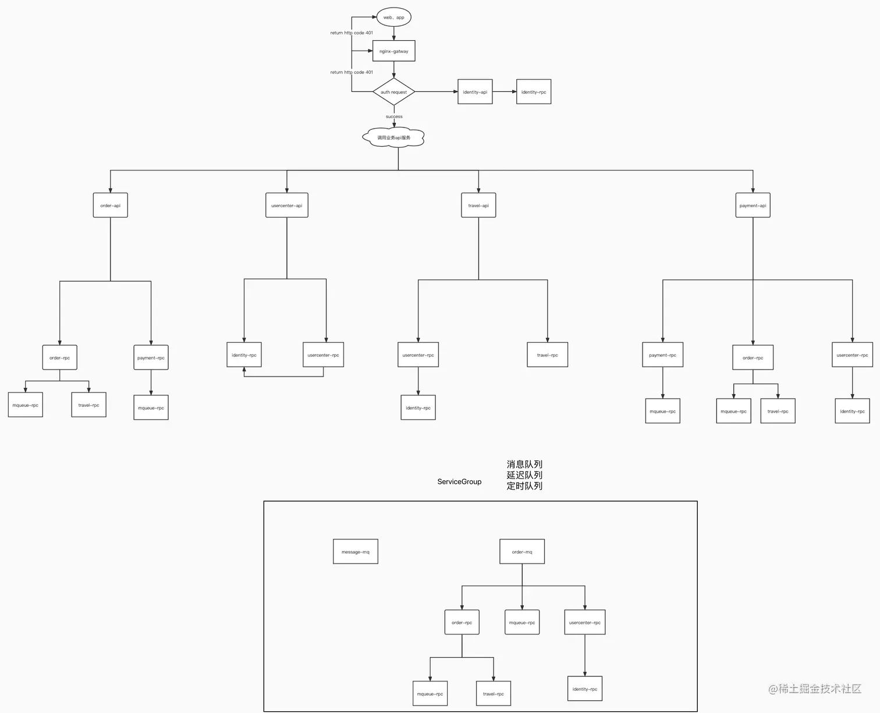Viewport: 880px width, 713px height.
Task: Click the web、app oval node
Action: coord(393,17)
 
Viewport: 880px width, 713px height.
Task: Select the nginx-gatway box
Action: coord(393,51)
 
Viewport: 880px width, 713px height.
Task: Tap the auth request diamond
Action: coord(393,92)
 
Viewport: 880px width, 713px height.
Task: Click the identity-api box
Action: coord(475,92)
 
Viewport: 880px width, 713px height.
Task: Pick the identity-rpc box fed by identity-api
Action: coord(534,92)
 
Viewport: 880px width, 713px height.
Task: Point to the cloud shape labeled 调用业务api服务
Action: coord(393,137)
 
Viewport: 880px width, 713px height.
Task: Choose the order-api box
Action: coord(110,205)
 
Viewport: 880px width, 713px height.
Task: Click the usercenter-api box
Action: coord(286,205)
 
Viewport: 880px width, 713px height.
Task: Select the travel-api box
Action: coord(478,205)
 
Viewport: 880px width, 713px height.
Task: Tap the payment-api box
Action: coord(753,205)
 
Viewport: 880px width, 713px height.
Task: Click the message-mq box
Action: coord(355,552)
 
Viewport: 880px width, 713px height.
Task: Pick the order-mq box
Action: coord(522,552)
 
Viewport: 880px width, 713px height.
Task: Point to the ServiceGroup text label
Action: coord(459,481)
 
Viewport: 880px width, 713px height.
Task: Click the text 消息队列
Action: coord(524,464)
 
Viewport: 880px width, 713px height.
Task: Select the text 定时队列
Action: coord(524,486)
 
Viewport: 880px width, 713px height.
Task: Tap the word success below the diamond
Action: coord(394,116)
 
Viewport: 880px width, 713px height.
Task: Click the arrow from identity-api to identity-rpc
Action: coord(504,91)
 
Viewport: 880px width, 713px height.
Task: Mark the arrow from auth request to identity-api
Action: coord(437,91)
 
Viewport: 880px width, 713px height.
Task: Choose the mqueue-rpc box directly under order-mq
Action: coord(522,623)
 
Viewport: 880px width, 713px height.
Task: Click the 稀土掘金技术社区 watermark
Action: coord(815,689)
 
